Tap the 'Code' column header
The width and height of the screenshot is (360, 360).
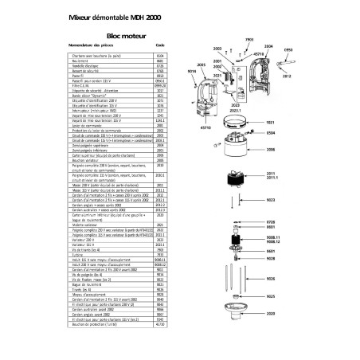coord(159,47)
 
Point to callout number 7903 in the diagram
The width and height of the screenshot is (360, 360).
coord(248,39)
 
